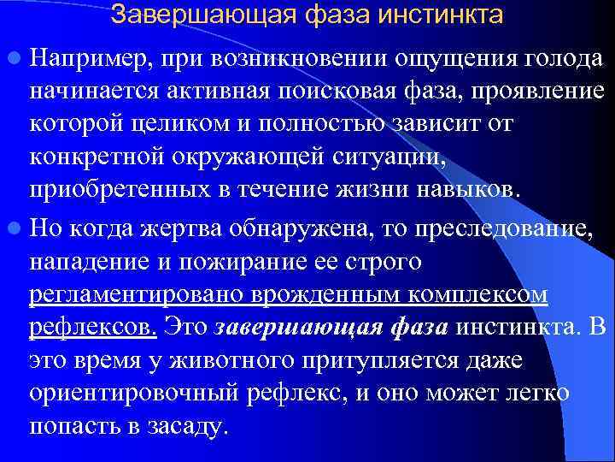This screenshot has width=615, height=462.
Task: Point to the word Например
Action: click(79, 59)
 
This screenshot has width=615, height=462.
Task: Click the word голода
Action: click(563, 59)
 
